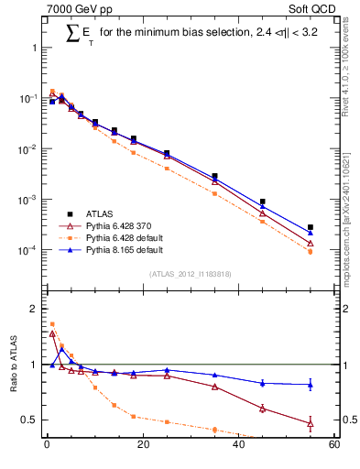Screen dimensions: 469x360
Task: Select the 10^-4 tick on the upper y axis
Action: point(29,250)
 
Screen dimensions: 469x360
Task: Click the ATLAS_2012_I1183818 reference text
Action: point(191,274)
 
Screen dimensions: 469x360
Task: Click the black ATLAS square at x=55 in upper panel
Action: point(310,227)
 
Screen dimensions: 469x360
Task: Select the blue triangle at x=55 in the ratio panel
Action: point(310,385)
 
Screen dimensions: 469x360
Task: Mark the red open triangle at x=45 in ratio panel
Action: point(262,409)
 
